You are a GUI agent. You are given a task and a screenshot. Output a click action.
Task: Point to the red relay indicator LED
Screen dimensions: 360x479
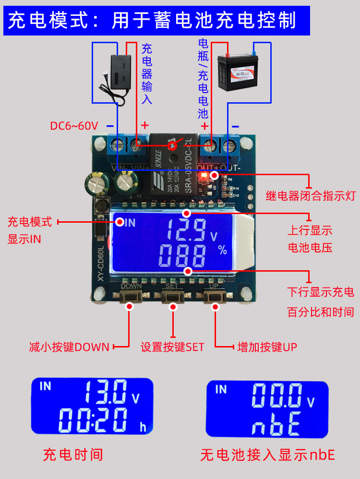(x=205, y=175)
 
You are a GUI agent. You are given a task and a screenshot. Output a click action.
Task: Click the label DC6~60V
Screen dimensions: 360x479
(x=74, y=126)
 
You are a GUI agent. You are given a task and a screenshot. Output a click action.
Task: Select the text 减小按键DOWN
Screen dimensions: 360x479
(x=69, y=347)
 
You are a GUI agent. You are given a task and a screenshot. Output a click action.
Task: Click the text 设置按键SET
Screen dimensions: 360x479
(x=172, y=347)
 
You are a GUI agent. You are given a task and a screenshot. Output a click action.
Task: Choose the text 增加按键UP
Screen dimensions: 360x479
(x=267, y=347)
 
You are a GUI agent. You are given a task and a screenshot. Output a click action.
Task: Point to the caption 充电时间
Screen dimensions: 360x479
(x=73, y=455)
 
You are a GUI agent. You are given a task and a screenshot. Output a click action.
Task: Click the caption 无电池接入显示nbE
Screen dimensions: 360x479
(x=267, y=455)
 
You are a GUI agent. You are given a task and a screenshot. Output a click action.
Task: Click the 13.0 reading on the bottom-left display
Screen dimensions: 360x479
(x=106, y=392)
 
